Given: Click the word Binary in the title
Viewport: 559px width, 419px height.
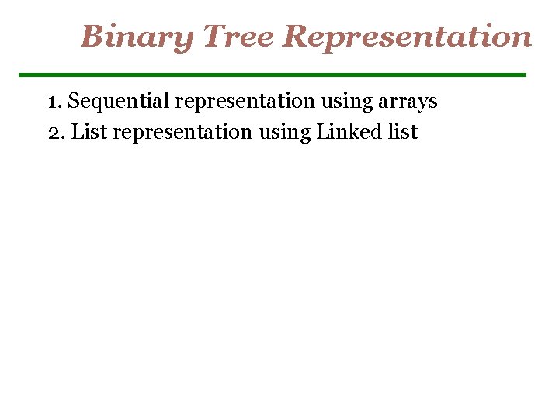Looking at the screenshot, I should coord(137,36).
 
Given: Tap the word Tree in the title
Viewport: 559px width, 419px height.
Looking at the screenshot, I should coord(239,36).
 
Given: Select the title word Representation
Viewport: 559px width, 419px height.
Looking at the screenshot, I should coord(408,36).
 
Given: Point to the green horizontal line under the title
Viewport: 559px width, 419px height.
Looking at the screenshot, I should coord(272,74).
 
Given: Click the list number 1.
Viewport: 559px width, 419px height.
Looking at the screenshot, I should coord(53,102).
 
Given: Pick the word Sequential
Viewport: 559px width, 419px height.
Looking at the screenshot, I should coord(119,102).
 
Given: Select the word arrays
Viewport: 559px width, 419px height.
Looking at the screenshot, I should coord(409,102).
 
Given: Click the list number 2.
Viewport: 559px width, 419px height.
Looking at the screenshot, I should coord(54,133).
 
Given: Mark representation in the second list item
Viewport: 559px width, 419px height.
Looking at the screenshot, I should coord(182,133).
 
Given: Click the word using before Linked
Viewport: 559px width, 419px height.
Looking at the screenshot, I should coord(285,133).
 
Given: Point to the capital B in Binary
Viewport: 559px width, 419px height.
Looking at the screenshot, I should coord(92,36).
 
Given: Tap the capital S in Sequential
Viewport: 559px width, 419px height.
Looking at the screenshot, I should coord(75,102).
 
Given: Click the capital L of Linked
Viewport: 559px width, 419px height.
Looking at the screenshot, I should coord(323,133).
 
